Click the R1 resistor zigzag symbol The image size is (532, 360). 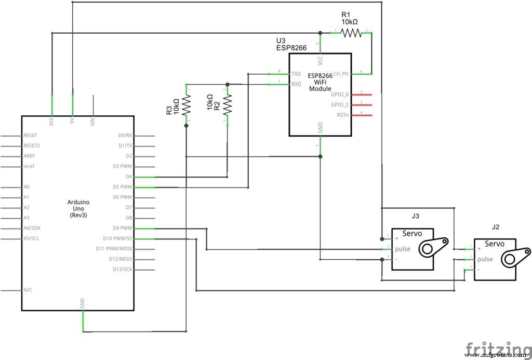coord(351,33)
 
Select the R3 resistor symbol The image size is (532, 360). coord(186,106)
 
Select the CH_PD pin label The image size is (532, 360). coord(340,74)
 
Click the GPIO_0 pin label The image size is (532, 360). coord(340,95)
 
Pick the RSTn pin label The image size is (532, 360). coord(342,115)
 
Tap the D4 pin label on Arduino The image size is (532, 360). coord(129,177)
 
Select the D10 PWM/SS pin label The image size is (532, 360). coord(117,238)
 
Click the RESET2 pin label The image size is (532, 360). coord(32,145)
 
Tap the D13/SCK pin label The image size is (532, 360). coord(122,269)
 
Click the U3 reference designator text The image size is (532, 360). coord(281,41)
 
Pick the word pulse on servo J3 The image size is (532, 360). coord(403,249)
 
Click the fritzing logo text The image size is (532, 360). coord(498,347)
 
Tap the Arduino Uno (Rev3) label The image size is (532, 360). coord(78,208)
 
